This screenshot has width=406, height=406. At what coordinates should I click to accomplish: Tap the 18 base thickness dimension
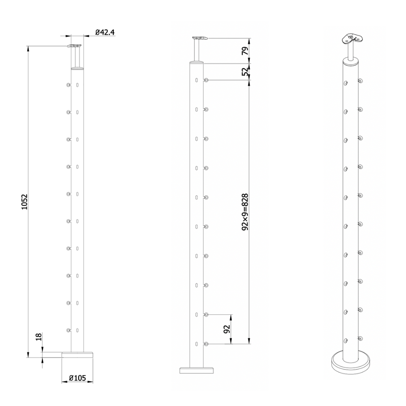38,337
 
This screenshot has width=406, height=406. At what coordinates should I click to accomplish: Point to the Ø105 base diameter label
77,378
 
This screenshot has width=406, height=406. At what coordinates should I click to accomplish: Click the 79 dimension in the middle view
245,51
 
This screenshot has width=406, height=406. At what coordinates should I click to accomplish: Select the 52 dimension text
245,72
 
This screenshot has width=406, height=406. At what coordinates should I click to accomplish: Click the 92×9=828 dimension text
245,212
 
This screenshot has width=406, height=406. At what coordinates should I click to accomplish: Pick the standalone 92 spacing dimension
227,329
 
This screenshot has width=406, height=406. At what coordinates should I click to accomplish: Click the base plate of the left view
77,355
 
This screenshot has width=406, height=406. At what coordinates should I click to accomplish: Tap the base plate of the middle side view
197,370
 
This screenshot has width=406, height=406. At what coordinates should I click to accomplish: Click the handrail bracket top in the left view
75,47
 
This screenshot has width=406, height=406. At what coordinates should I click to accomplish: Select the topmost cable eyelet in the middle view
207,80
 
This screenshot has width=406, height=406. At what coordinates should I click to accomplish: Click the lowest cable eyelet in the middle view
207,344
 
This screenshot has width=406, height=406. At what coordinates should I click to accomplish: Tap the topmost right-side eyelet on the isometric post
359,81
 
